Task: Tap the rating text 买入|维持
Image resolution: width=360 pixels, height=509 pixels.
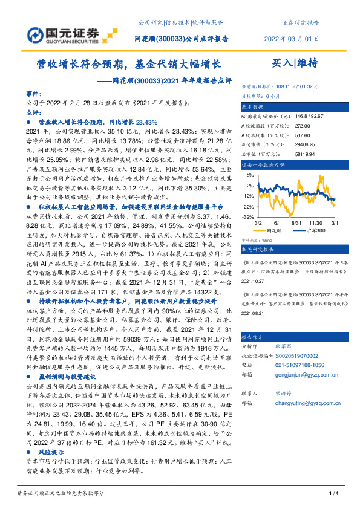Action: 294,62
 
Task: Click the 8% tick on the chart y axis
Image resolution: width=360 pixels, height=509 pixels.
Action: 249,175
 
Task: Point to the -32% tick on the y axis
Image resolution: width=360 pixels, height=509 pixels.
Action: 248,216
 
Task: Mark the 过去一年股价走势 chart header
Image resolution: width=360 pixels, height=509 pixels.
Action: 263,164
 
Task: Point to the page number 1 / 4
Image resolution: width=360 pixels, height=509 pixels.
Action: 332,494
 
